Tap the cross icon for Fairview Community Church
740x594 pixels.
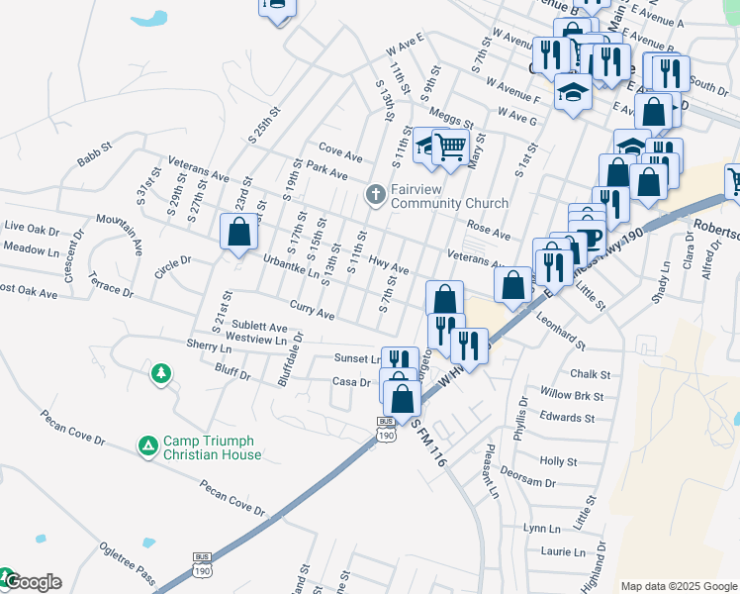point(375,195)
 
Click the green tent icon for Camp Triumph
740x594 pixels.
point(148,447)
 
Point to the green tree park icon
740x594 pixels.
point(159,373)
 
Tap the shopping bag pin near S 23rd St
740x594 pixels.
point(238,234)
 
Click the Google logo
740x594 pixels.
point(32,582)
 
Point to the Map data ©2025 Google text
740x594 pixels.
point(679,585)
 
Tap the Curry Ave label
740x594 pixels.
point(312,310)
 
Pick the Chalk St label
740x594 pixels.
point(591,374)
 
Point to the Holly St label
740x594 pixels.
point(559,461)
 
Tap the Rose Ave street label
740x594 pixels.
point(488,231)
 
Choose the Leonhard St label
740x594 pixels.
point(561,332)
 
